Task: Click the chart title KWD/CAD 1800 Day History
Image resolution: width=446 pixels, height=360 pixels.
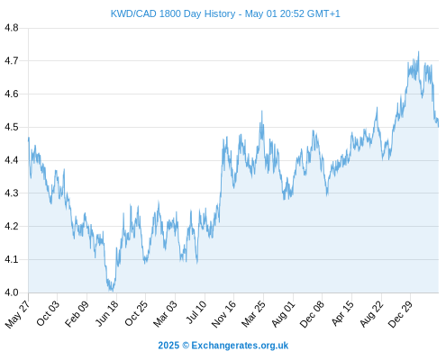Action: coord(173,13)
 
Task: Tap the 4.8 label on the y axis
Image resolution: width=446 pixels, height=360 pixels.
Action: coord(12,28)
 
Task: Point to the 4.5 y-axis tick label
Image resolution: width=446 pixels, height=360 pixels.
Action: coord(12,127)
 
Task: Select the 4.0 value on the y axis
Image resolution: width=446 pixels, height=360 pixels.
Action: coord(12,292)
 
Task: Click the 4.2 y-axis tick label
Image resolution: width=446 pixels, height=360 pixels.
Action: coord(12,226)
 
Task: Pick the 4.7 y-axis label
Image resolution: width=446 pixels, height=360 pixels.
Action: coord(12,61)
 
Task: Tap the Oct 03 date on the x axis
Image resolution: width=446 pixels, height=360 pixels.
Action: coord(48,313)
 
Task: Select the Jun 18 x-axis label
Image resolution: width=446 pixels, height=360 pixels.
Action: coord(107,313)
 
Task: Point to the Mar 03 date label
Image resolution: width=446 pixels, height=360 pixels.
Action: coord(165,313)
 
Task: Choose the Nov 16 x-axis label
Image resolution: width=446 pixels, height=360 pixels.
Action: coord(223,313)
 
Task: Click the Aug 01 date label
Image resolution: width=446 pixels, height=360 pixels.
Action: coord(283,313)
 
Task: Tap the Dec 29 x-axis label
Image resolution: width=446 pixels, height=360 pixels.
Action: coord(400,313)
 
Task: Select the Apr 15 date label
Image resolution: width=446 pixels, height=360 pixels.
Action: coord(342,313)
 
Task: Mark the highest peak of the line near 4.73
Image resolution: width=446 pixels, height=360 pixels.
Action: coord(418,51)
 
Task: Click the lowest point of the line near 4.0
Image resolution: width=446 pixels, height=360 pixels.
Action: coord(113,291)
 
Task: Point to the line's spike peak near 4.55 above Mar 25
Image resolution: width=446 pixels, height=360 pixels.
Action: coord(262,111)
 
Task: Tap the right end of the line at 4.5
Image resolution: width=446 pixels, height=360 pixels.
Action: coord(439,127)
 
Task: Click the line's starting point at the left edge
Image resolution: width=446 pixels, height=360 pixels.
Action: coord(29,138)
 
